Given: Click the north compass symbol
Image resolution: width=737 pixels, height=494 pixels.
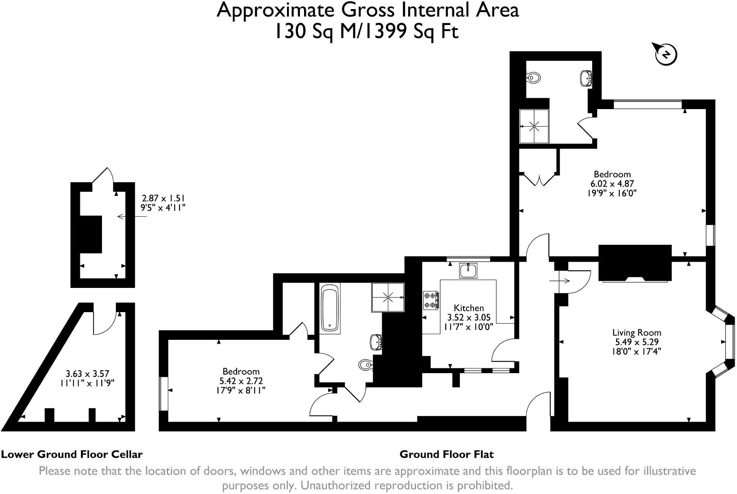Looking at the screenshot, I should click(x=666, y=55).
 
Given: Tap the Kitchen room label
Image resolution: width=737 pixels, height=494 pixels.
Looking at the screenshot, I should click(x=469, y=308).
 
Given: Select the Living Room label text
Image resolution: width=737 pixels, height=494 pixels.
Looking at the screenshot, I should click(x=637, y=333).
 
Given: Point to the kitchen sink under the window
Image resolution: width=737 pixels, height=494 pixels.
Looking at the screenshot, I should click(x=469, y=271).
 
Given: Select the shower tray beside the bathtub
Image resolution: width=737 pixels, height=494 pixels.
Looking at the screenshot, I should click(x=388, y=297).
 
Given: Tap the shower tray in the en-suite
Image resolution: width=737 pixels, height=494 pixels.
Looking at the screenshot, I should click(x=534, y=126).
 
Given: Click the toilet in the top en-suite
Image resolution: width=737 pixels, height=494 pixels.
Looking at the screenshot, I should click(x=533, y=78).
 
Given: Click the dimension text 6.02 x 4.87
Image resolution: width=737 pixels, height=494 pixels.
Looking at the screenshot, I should click(x=612, y=184).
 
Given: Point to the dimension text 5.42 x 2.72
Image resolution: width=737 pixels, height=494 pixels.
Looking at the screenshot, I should click(x=241, y=381).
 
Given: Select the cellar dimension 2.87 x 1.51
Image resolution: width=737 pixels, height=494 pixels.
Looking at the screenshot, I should click(x=163, y=198).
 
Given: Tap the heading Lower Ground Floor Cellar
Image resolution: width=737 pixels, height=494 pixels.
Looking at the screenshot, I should click(x=72, y=454).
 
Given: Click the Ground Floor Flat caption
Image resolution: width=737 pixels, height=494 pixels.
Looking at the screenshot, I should click(x=447, y=454).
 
